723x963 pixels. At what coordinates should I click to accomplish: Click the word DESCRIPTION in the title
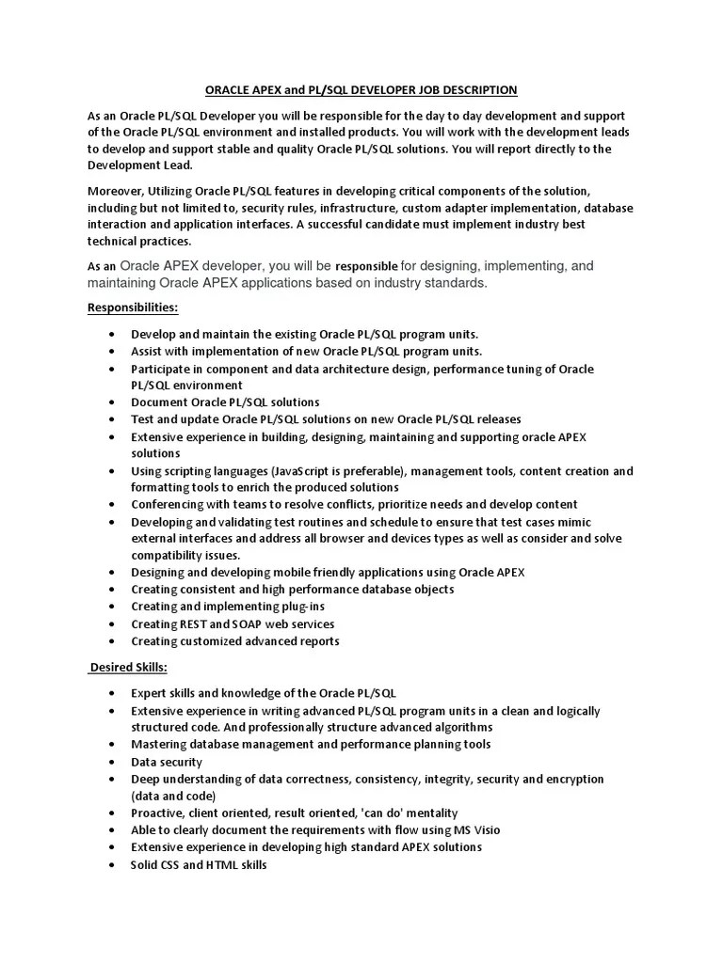point(477,90)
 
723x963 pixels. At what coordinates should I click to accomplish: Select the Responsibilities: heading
point(133,308)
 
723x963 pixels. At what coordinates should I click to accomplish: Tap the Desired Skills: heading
point(129,667)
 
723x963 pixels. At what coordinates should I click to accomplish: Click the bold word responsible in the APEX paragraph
point(367,266)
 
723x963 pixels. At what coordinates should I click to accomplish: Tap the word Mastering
point(160,744)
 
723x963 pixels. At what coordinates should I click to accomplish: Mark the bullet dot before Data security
point(112,762)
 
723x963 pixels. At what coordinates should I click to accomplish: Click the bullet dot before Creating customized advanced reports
point(112,641)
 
